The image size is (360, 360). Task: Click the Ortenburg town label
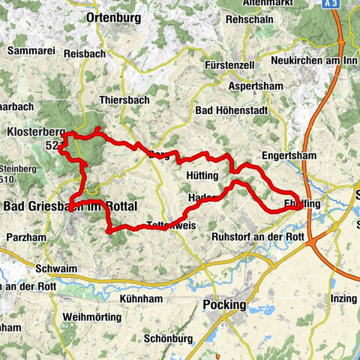pyautogui.click(x=113, y=16)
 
